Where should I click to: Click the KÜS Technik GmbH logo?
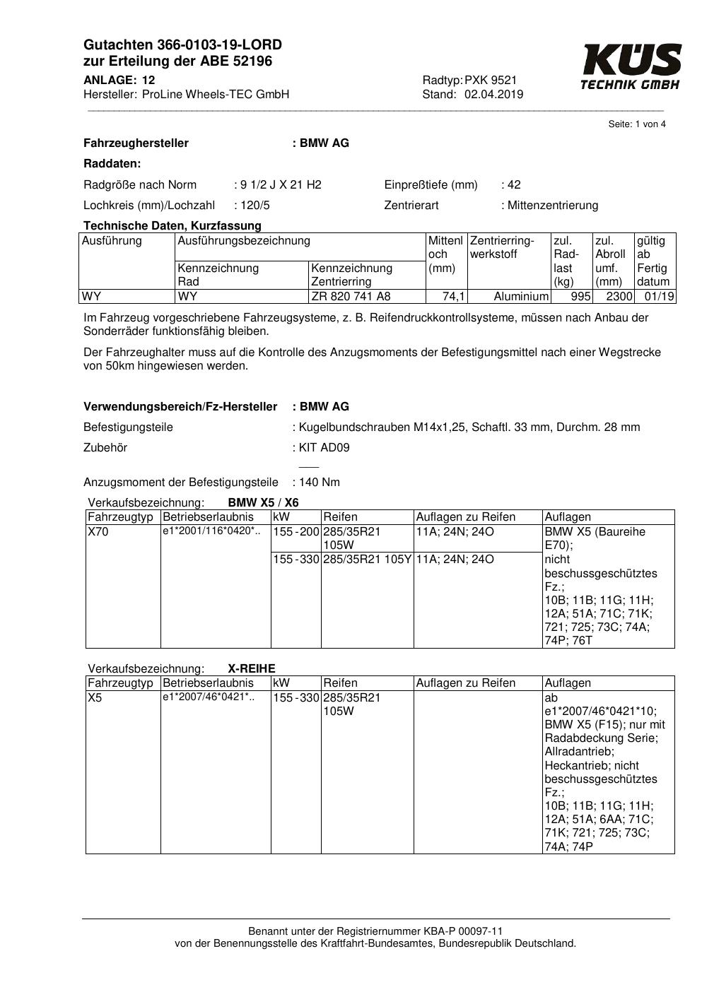point(631,66)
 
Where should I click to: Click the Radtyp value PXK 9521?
point(491,80)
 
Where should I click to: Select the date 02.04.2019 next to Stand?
point(493,95)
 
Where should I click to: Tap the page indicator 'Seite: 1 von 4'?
point(637,124)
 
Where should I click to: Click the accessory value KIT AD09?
point(324,448)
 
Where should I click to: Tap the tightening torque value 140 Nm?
point(319,483)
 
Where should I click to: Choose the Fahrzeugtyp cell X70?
point(98,532)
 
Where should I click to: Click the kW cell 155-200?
point(296,532)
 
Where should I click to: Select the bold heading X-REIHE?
point(252,668)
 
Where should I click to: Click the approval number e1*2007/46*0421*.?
point(209,697)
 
